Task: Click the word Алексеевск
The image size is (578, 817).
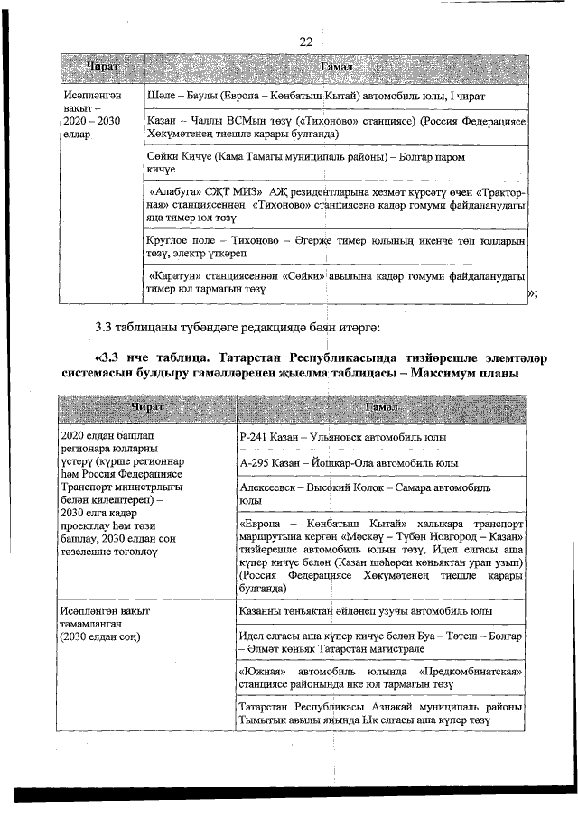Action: click(272, 487)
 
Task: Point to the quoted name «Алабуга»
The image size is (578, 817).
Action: click(179, 192)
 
